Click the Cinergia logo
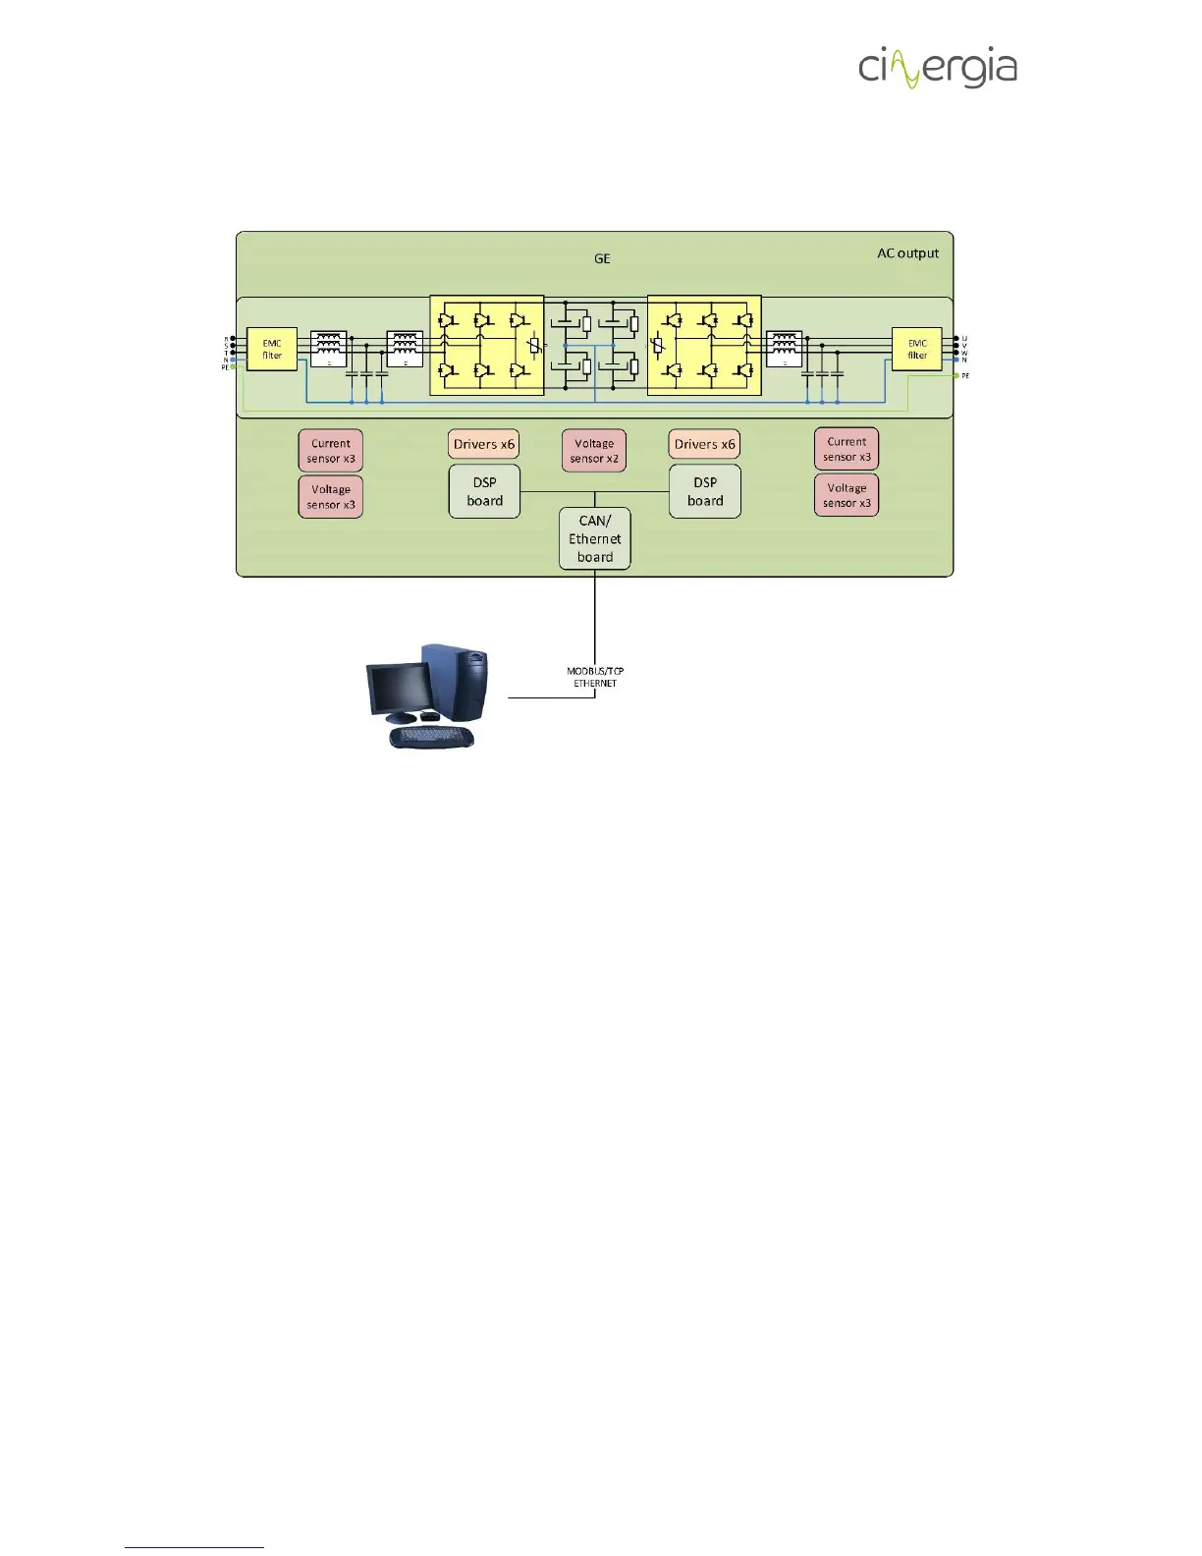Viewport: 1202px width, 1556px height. click(937, 68)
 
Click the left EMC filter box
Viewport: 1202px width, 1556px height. click(272, 350)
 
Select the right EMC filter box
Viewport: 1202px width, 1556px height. click(916, 350)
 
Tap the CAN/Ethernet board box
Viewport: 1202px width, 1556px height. click(595, 538)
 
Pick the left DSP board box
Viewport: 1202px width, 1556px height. click(484, 491)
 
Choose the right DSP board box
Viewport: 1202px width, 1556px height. click(705, 491)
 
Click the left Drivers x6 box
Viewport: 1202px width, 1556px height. click(484, 444)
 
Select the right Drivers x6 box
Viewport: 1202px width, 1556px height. click(704, 444)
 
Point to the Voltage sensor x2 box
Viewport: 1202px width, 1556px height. click(594, 451)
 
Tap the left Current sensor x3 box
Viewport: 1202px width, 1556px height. click(331, 451)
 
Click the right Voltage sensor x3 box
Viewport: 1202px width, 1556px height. click(847, 495)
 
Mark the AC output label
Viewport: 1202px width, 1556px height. click(907, 253)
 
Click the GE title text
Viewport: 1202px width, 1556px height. click(602, 258)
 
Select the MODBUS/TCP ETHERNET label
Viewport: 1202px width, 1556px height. click(595, 677)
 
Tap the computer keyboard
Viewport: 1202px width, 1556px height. click(432, 737)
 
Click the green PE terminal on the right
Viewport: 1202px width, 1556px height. click(956, 375)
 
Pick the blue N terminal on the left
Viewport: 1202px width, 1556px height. click(233, 360)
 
